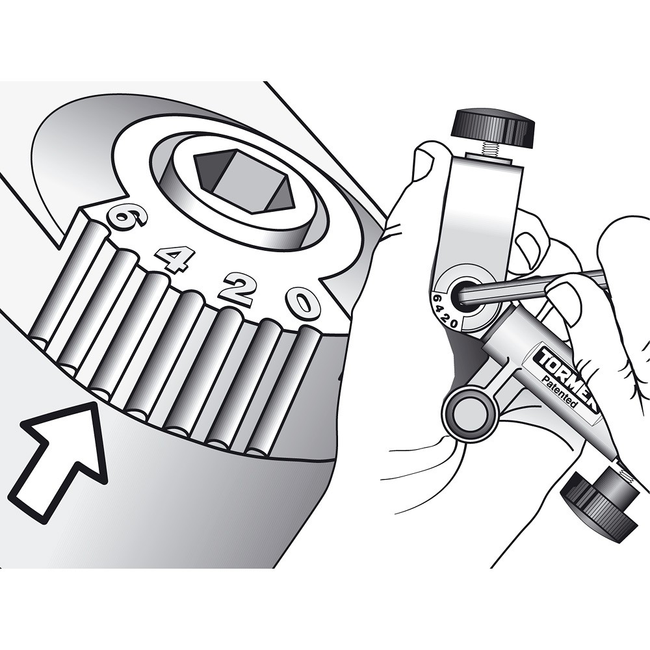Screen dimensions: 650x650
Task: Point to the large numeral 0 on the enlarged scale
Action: tap(304, 303)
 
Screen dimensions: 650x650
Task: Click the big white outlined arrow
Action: tap(62, 458)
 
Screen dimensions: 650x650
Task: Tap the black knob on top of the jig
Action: tap(493, 127)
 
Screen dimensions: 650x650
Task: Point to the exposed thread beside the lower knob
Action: tap(625, 476)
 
